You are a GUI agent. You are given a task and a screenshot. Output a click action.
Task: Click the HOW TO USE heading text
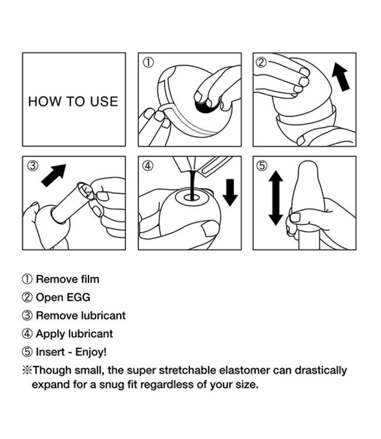coord(73,101)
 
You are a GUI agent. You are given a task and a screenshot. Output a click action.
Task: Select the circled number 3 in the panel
coord(33,166)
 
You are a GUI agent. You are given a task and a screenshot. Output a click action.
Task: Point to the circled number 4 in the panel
coord(148,166)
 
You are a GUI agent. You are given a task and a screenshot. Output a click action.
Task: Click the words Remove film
coord(67,279)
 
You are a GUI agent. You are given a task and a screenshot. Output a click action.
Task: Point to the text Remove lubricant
coord(80,315)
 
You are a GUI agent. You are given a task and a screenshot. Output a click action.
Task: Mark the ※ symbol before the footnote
coord(26,371)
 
